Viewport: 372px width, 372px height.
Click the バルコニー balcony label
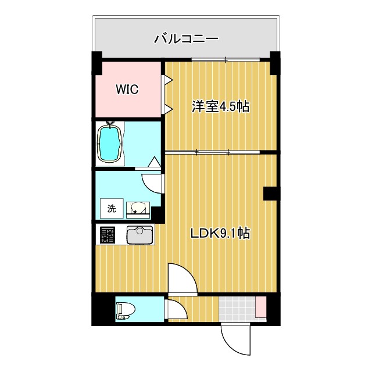tap(185, 40)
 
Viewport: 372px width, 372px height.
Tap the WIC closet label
tap(127, 90)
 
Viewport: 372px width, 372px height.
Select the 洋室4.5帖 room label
tap(221, 107)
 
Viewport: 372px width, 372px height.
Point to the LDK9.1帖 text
tap(221, 234)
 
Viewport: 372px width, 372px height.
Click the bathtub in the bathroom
tap(110, 143)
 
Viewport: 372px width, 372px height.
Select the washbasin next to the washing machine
tap(138, 208)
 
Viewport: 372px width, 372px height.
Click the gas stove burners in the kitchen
tap(108, 235)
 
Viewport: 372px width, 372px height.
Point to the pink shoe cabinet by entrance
tap(260, 307)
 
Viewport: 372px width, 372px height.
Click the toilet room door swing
tap(176, 309)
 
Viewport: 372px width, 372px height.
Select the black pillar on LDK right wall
tap(270, 194)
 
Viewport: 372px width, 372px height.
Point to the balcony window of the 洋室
tap(226, 59)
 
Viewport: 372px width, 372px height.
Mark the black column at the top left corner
tap(96, 60)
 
